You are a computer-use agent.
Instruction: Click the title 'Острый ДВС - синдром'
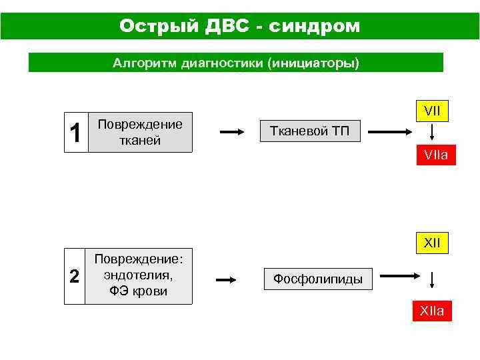[x=239, y=26]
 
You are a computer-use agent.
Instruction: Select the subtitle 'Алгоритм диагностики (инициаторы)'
[x=235, y=63]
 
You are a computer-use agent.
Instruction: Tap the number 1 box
[x=75, y=133]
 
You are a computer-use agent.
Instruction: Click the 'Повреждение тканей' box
[x=139, y=132]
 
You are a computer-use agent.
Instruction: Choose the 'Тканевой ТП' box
[x=309, y=131]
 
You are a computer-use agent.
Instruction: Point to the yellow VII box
[x=432, y=111]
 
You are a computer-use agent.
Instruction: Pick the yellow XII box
[x=432, y=243]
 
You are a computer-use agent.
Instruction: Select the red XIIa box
[x=432, y=311]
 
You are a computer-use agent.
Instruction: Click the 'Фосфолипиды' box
[x=318, y=279]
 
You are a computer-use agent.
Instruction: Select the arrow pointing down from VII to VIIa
[x=432, y=133]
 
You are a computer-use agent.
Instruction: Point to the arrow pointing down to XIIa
[x=432, y=280]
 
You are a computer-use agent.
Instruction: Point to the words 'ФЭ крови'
[x=139, y=291]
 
